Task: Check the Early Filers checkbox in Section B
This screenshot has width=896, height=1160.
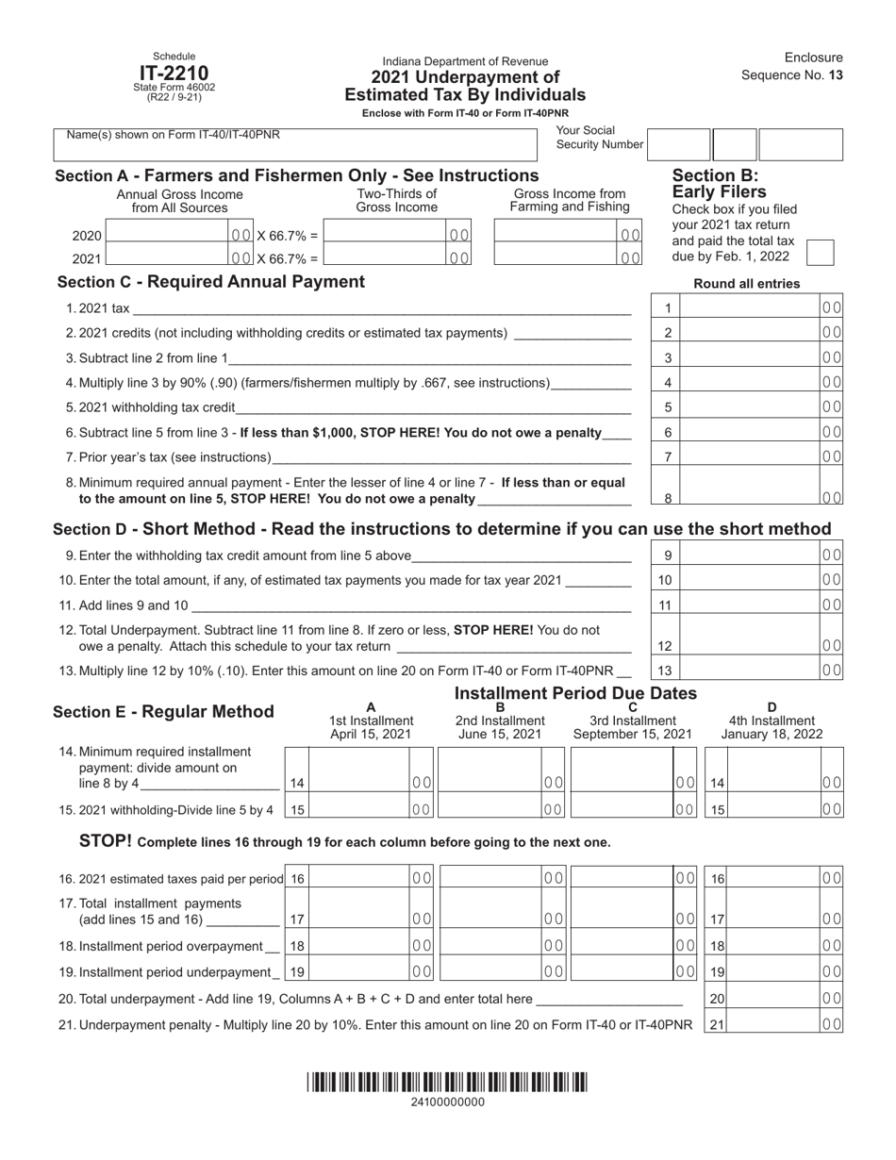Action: point(821,253)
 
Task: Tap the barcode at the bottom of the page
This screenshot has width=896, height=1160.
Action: point(447,1083)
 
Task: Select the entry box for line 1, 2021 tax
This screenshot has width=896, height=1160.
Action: point(749,307)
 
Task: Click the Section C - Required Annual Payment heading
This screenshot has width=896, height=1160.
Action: point(210,281)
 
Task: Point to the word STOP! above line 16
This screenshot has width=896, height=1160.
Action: point(105,840)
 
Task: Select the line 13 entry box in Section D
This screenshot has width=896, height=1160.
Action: point(749,670)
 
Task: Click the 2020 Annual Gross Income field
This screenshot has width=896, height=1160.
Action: point(166,235)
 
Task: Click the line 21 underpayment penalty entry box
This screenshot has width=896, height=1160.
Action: point(773,1024)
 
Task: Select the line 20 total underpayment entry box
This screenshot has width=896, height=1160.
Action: point(773,999)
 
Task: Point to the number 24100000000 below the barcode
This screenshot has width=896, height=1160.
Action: point(448,1102)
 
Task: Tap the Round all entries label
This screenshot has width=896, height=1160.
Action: point(746,284)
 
